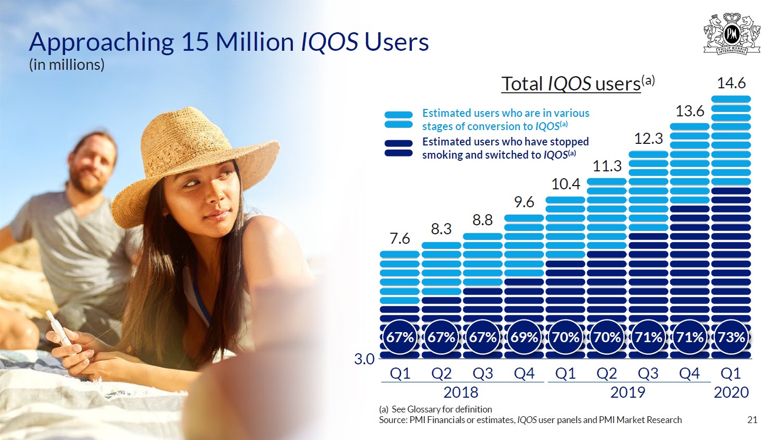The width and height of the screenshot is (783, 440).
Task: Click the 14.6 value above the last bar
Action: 731,83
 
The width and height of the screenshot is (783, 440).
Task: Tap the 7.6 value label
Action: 400,239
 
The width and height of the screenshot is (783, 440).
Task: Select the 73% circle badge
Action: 731,337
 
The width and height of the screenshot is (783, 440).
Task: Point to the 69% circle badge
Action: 524,337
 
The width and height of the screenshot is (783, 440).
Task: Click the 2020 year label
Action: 731,392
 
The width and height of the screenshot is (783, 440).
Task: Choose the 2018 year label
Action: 461,392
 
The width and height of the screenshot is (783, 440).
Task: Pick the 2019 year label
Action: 627,392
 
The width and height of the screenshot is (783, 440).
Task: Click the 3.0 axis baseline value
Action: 364,360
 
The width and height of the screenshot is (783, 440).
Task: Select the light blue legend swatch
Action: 398,120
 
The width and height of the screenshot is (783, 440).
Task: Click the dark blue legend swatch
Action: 398,148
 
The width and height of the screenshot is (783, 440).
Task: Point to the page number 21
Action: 752,420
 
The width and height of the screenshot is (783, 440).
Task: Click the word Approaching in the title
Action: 101,42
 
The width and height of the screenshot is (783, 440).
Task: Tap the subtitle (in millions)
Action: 67,65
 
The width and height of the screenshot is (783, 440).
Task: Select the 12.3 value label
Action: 649,139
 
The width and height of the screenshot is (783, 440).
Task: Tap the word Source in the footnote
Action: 393,420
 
